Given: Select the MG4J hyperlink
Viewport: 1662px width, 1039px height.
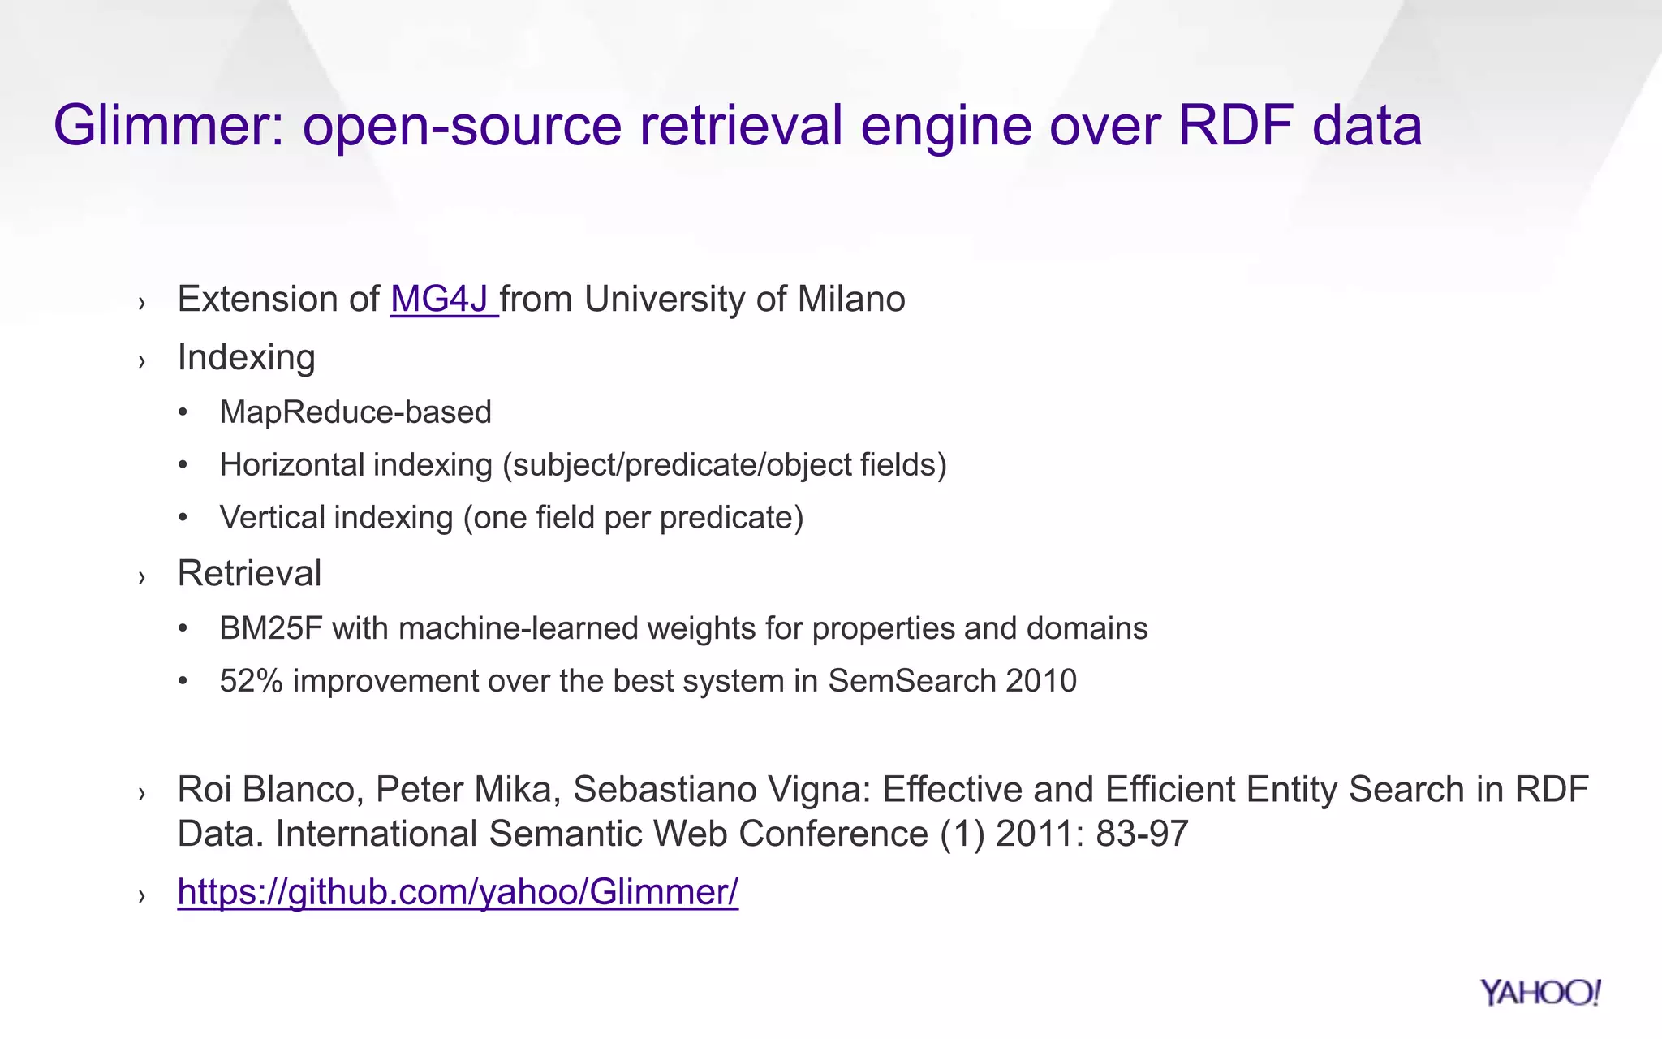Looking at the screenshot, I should click(x=443, y=300).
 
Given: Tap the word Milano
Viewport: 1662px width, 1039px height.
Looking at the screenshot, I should click(x=851, y=300).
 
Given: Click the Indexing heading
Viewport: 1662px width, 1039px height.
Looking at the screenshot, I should click(x=246, y=358).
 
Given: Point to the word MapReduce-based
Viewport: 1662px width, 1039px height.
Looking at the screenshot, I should click(x=355, y=412).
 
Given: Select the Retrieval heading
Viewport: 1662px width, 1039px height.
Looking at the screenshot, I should click(x=249, y=574).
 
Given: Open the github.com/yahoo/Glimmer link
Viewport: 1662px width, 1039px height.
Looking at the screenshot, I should click(x=458, y=892).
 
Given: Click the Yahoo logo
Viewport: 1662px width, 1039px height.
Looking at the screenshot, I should click(x=1539, y=993).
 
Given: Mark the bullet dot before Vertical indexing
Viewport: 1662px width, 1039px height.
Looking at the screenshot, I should click(x=183, y=518).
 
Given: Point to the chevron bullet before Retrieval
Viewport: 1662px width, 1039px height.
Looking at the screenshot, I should click(x=142, y=577).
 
